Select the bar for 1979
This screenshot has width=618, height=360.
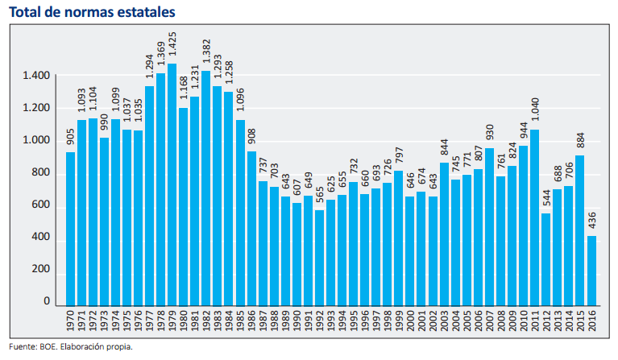click(x=172, y=185)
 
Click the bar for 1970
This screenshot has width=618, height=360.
click(x=70, y=229)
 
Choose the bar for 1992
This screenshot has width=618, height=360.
click(x=319, y=258)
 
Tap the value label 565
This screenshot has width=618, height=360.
click(x=319, y=197)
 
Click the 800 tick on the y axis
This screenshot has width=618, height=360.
click(x=41, y=173)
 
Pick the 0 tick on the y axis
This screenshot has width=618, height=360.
click(x=48, y=302)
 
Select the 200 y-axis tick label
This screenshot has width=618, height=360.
click(x=41, y=270)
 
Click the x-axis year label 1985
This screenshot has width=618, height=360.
click(x=240, y=323)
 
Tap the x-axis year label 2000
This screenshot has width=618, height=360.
click(x=410, y=323)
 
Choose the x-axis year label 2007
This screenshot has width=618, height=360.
click(x=490, y=323)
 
